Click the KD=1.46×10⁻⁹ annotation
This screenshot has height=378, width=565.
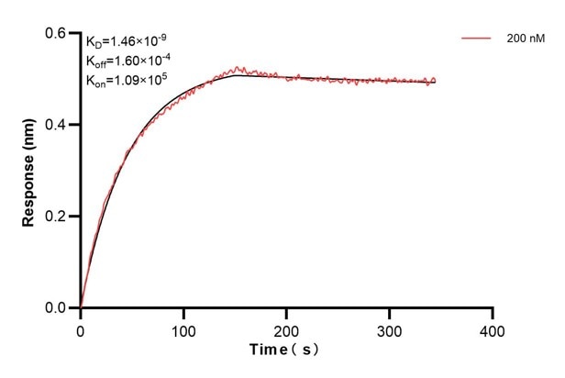tap(127, 41)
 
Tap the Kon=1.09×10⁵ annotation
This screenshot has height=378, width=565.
tap(127, 80)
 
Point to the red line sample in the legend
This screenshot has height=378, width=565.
tap(476, 39)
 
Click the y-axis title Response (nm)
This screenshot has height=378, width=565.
tap(30, 171)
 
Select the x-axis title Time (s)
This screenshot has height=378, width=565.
tap(285, 350)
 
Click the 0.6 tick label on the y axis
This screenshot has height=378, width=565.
tap(57, 33)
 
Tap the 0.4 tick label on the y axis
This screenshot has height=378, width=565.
tap(57, 125)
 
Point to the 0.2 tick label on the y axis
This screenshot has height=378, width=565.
tap(57, 217)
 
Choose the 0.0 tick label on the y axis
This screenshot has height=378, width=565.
tap(57, 308)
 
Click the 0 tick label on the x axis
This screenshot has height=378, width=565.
tap(81, 328)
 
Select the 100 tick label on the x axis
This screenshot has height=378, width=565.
tap(183, 328)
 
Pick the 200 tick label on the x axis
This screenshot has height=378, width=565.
tap(287, 328)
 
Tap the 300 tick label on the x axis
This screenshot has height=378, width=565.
tap(390, 328)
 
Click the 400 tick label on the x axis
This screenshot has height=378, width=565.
tap(493, 328)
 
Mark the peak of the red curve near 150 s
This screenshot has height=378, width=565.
tap(238, 68)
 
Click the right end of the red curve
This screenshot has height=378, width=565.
tap(436, 81)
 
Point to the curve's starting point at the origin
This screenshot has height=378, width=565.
tap(81, 307)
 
